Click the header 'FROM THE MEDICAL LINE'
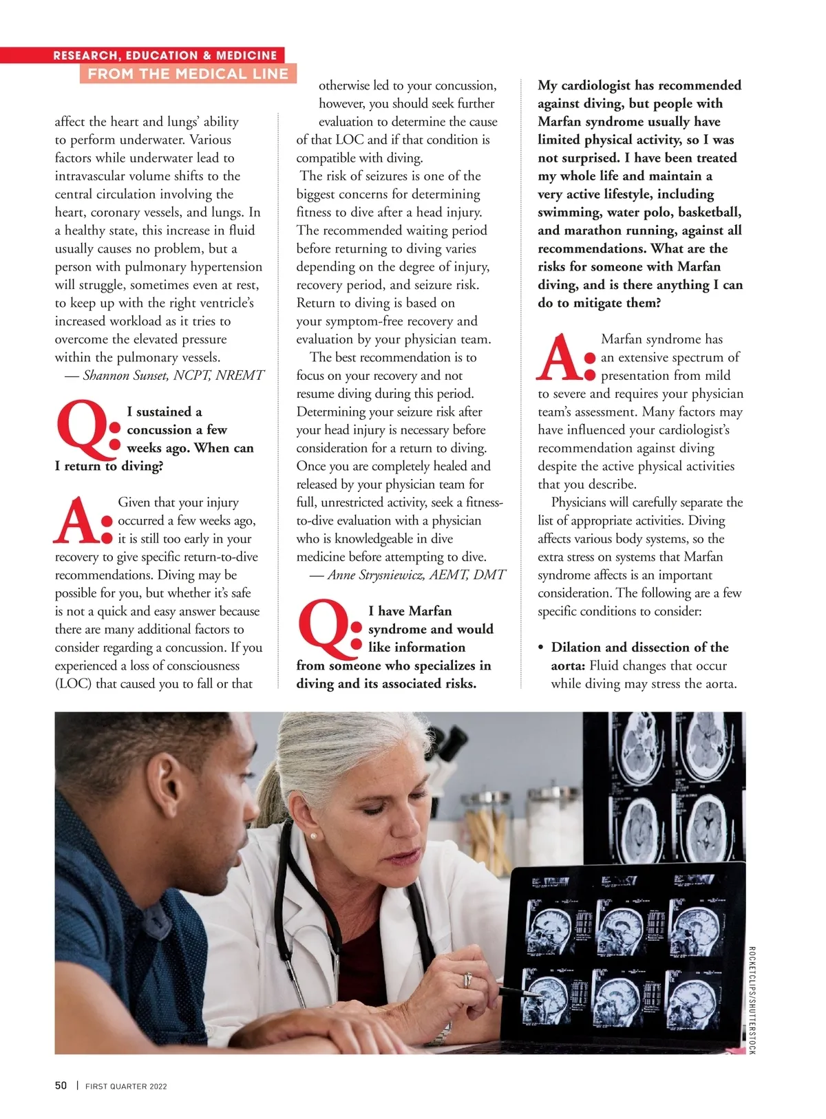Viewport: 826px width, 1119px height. pyautogui.click(x=188, y=74)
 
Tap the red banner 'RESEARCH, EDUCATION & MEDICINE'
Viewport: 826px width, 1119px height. pyautogui.click(x=165, y=55)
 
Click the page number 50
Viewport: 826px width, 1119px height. pyautogui.click(x=61, y=1085)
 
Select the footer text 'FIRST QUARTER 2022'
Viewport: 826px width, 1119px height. pyautogui.click(x=126, y=1086)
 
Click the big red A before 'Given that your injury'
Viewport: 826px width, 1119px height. pyautogui.click(x=78, y=521)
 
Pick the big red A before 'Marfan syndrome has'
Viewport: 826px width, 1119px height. pyautogui.click(x=560, y=358)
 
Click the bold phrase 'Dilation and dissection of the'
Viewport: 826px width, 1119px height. pyautogui.click(x=639, y=647)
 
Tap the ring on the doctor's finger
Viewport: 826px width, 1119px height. pyautogui.click(x=468, y=979)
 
